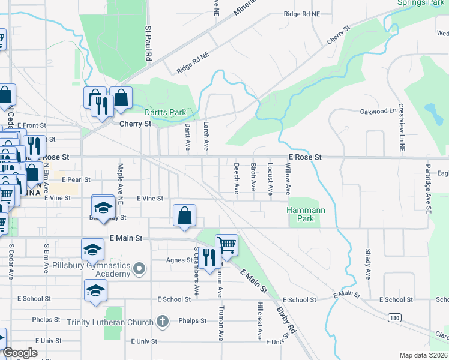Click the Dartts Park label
(x=165, y=112)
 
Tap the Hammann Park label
(x=301, y=214)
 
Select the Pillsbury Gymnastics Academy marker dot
(x=139, y=268)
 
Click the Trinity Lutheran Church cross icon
(x=161, y=322)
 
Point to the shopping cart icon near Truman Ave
(x=226, y=244)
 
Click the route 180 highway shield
(x=394, y=317)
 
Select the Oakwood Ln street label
(x=378, y=112)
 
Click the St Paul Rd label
(x=147, y=43)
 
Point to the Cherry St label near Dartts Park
(x=135, y=124)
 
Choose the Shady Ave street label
(x=367, y=265)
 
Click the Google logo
(x=20, y=353)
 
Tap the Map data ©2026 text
(x=424, y=355)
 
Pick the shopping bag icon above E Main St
(x=184, y=215)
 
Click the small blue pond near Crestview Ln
(x=430, y=110)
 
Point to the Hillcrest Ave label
(x=259, y=321)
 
